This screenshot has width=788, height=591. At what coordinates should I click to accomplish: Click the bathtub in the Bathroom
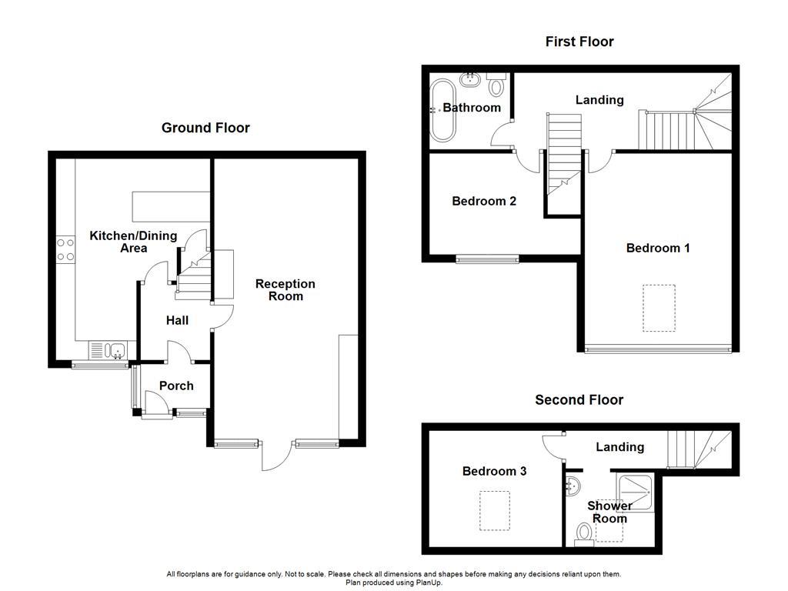[442, 110]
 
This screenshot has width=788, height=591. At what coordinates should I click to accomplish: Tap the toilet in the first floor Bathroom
[496, 85]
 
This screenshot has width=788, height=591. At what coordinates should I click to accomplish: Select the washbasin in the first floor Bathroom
[469, 79]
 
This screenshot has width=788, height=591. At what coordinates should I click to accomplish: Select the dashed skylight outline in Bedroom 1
[659, 308]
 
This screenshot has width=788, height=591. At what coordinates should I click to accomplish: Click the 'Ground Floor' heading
[205, 128]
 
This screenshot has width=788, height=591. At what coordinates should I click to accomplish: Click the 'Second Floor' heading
[579, 399]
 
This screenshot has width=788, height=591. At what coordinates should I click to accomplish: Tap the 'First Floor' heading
[579, 42]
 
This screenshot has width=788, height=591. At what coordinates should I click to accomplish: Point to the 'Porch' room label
[176, 386]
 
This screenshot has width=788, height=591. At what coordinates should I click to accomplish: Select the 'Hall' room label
[177, 320]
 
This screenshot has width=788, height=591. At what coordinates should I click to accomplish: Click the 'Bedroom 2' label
[484, 201]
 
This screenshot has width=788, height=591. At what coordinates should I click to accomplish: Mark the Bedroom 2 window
[487, 260]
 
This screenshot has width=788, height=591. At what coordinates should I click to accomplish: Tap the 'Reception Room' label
[285, 290]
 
